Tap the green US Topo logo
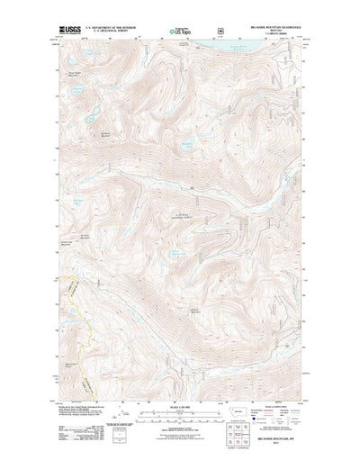click(x=179, y=32)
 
